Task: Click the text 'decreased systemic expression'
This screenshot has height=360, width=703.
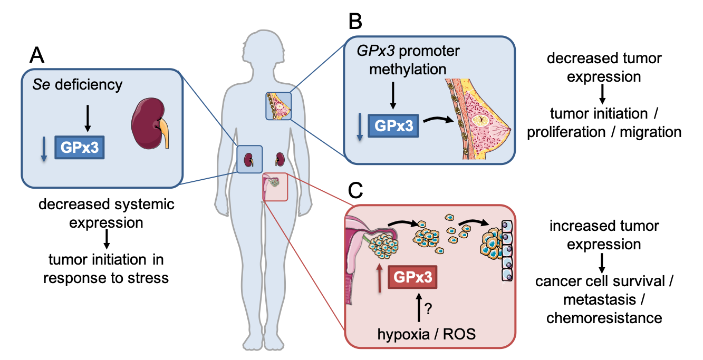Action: click(x=106, y=213)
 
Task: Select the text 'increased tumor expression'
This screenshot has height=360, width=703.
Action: click(x=604, y=235)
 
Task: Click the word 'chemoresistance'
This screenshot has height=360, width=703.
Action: click(x=604, y=317)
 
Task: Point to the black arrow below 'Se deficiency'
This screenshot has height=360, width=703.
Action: click(x=88, y=119)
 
